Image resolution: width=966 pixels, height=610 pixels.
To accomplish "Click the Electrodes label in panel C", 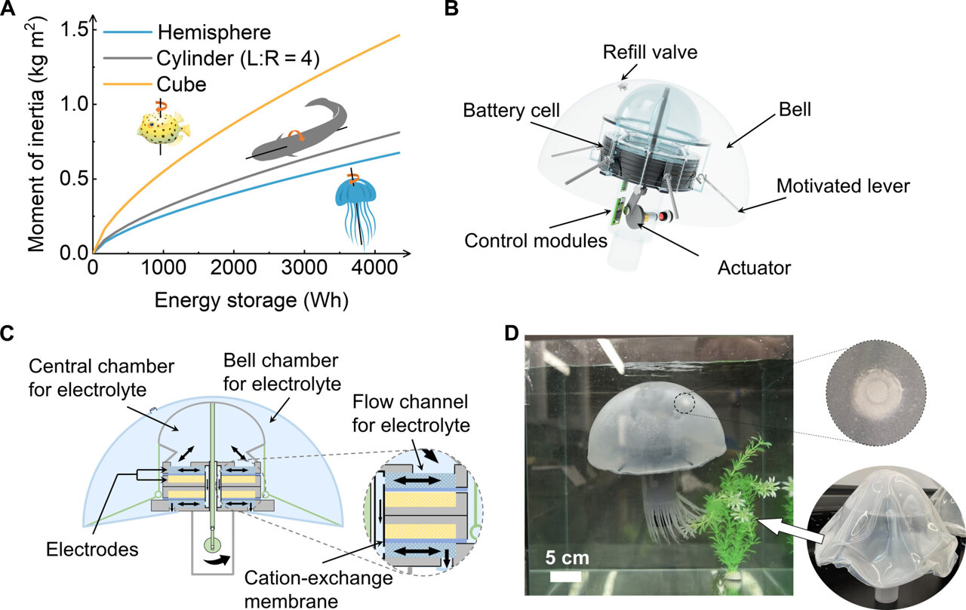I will pyautogui.click(x=94, y=548).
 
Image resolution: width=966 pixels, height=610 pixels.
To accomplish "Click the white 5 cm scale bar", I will pyautogui.click(x=565, y=576).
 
